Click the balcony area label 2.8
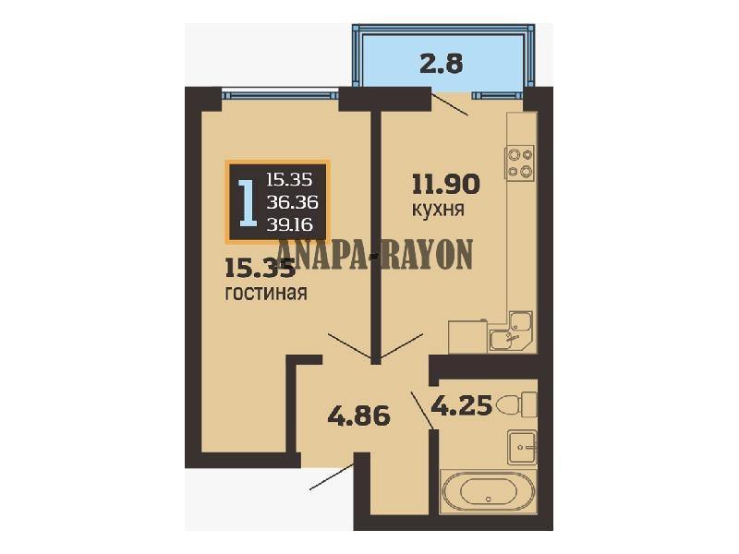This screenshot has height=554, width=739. pos(442,63)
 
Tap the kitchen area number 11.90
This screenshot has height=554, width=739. pos(446,184)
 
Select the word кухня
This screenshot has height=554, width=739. pos(438,210)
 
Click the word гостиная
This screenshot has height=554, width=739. pos(266,293)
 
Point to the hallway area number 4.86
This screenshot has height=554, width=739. pos(358,416)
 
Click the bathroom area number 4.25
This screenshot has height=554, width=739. pos(462,405)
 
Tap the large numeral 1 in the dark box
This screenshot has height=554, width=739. pos(248,201)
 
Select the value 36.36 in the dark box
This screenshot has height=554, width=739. pos(292,202)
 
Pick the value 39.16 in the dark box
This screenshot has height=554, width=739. pos(290,224)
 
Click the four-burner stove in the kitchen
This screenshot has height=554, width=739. pos(519,162)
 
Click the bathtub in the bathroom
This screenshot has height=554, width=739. pos(488,492)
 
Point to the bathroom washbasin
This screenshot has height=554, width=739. pos(522,446)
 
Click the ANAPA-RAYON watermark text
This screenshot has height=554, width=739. pos(376,255)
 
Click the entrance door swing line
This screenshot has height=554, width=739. pos(332,476)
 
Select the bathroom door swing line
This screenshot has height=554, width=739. pos(423,410)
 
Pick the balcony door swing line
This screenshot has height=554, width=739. pos(450,104)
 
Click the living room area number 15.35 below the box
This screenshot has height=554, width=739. pos(260,268)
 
